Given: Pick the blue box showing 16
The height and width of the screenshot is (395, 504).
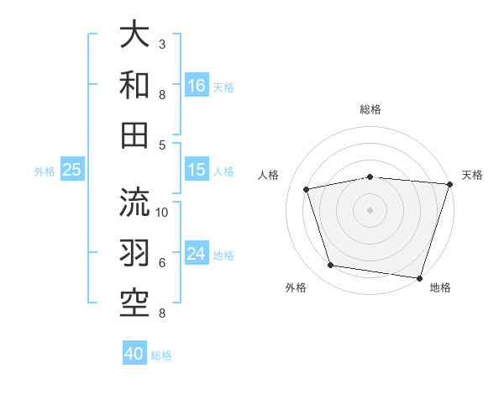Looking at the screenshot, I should click(197, 86).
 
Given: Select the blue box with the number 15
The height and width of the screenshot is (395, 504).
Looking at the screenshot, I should click(197, 171).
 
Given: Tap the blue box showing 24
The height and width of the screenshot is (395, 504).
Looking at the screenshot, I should click(197, 255).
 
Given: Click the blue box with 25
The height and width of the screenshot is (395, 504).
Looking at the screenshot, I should click(72, 171).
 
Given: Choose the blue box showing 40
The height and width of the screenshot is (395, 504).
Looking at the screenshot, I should click(134, 355).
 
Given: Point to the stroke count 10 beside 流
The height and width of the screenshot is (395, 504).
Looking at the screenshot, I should click(162, 211).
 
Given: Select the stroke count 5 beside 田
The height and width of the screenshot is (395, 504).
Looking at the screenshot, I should click(162, 145).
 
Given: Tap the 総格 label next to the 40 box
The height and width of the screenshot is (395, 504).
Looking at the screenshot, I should click(161, 355).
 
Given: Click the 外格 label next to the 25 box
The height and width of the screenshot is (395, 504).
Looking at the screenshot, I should click(45, 171).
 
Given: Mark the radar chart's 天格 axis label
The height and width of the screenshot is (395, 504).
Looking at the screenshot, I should click(472, 175).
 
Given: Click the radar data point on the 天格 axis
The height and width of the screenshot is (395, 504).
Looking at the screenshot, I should click(449, 184).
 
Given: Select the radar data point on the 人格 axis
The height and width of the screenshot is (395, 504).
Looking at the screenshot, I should click(307, 189).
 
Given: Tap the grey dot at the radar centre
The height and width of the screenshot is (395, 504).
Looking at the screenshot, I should click(370, 209).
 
